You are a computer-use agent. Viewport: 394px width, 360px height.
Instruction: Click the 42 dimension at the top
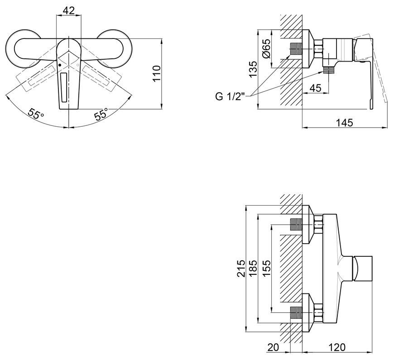point(68,10)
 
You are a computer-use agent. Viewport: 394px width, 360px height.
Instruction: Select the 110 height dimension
point(156,73)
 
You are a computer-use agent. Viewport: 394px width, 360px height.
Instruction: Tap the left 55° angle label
point(36,114)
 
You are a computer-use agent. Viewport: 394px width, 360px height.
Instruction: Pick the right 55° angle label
point(101,114)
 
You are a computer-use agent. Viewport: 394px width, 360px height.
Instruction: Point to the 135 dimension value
point(253,70)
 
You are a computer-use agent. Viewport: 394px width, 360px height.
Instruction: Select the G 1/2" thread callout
point(230,96)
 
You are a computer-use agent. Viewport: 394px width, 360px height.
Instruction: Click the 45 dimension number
point(316,88)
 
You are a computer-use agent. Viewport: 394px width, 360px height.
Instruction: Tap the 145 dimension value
point(345,123)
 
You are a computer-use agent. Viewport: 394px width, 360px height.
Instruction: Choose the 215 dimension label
point(241,269)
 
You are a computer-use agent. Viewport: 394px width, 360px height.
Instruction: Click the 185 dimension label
point(253,269)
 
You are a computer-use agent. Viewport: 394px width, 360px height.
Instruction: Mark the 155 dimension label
point(267,269)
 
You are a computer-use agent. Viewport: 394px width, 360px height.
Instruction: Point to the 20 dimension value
point(273,347)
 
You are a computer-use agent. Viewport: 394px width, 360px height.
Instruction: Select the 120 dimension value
point(336,347)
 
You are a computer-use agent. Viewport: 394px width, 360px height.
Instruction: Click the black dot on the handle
point(59,65)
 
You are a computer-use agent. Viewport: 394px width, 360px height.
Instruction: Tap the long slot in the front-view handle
point(64,87)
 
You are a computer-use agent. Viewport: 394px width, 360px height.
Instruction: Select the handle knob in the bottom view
point(362,269)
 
